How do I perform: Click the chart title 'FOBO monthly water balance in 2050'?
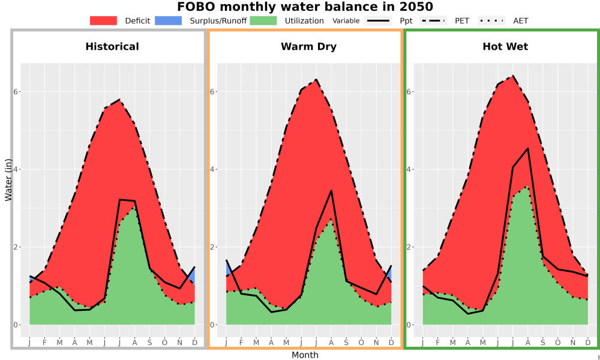(305, 7)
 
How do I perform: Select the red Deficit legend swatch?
(103, 20)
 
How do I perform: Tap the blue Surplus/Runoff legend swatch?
(169, 20)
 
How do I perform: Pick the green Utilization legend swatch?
(263, 20)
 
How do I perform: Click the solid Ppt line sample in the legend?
(377, 20)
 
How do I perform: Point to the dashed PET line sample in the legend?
(433, 20)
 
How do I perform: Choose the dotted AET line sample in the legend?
(491, 20)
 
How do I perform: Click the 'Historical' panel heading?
(112, 47)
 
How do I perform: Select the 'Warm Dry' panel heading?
(309, 47)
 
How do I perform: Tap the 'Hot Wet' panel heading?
(505, 47)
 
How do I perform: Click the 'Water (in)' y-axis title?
(8, 180)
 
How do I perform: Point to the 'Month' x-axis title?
(305, 355)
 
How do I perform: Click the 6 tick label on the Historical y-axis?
(16, 92)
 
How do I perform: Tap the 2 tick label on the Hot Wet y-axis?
(409, 247)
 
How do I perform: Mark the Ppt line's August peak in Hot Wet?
(528, 148)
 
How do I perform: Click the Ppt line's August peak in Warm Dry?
(331, 191)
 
